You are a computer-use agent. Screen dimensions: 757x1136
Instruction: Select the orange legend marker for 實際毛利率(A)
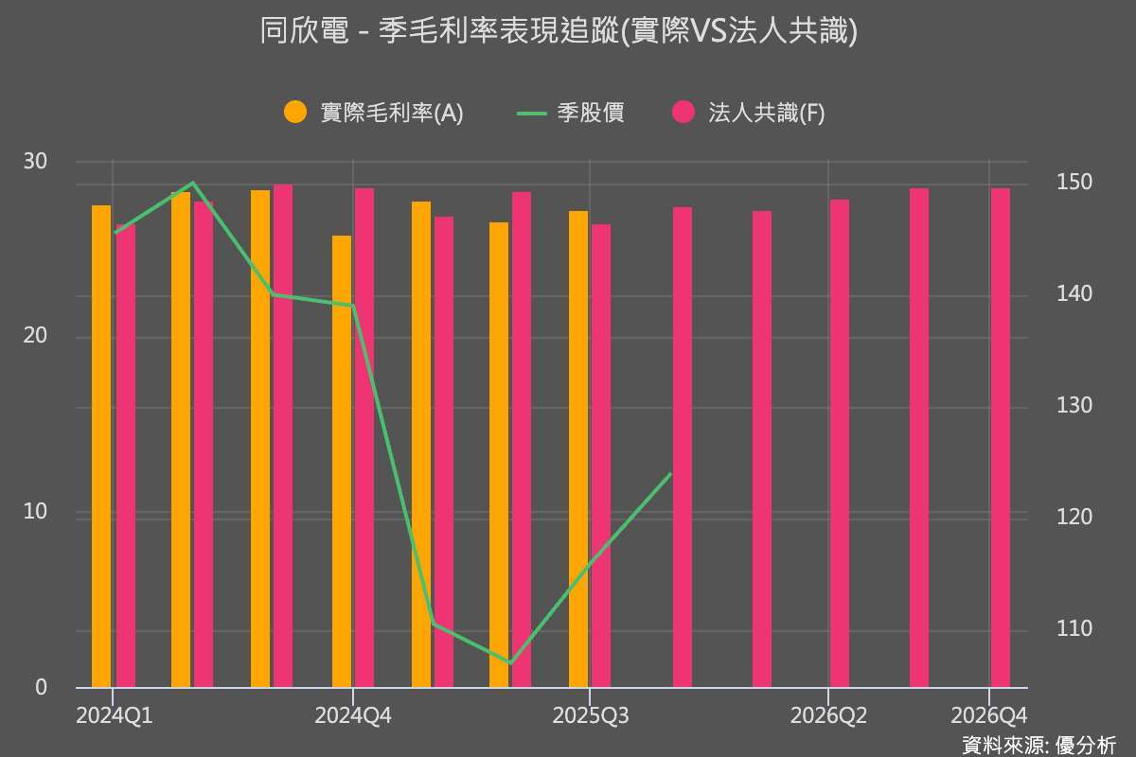[x=296, y=112]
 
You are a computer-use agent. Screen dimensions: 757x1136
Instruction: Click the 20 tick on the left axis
[x=35, y=337]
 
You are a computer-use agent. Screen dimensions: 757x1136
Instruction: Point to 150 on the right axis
[x=1074, y=182]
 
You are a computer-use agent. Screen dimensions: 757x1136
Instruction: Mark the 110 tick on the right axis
[x=1074, y=628]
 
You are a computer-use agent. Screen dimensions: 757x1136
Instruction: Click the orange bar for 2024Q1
[x=101, y=445]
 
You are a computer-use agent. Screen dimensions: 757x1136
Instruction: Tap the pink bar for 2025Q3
[x=601, y=455]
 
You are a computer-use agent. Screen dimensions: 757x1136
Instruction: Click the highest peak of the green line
[x=192, y=183]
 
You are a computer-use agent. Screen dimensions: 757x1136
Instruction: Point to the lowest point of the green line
[x=510, y=662]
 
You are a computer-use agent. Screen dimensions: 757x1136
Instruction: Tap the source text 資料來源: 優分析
[x=1038, y=745]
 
